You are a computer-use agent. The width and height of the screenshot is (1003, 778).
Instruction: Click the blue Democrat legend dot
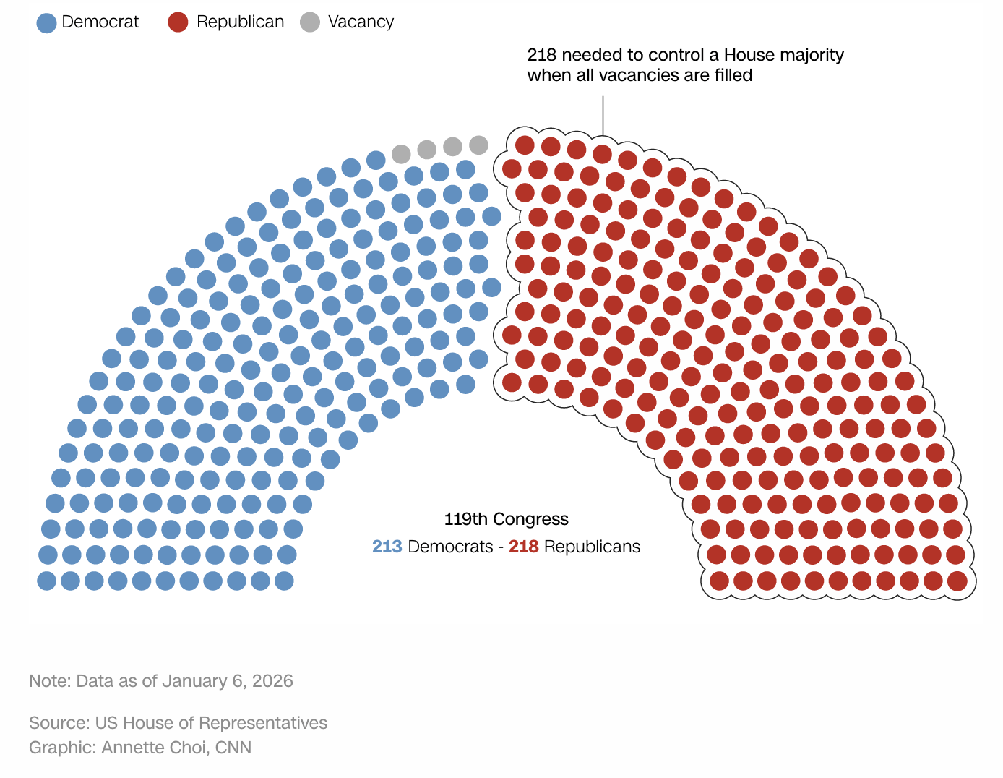46,22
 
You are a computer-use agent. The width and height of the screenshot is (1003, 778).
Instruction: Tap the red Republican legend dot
178,22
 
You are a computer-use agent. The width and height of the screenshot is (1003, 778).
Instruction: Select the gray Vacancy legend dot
310,22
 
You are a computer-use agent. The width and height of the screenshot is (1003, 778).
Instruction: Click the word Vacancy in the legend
361,22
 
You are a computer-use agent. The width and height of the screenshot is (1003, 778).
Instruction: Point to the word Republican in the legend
240,22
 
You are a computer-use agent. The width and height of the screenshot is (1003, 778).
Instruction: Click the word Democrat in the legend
100,22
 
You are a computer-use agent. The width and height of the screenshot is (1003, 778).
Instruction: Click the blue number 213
387,547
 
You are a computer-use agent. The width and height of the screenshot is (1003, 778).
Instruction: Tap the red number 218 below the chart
523,547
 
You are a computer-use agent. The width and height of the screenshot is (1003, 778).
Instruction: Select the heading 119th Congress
506,519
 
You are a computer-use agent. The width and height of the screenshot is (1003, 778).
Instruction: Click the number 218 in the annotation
541,55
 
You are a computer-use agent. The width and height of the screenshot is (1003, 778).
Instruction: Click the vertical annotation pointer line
603,116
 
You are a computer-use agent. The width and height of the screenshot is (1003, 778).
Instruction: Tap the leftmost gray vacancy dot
401,153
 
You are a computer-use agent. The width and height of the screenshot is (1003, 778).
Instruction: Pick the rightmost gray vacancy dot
478,145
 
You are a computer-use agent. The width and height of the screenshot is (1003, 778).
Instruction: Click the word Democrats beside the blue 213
450,547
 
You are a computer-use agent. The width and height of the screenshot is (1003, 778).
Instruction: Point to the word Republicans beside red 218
592,547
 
